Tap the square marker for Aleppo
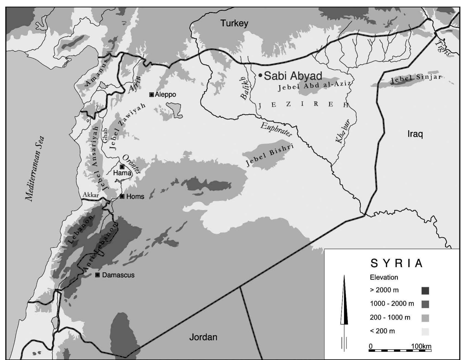151,94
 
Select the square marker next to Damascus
97,275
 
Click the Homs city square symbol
122,196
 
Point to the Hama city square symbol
122,167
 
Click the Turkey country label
234,23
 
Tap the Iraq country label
415,134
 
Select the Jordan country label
203,337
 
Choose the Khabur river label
343,131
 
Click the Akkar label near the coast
91,195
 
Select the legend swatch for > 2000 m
425,291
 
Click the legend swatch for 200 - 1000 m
425,318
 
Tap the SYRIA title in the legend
396,263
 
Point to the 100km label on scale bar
421,346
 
